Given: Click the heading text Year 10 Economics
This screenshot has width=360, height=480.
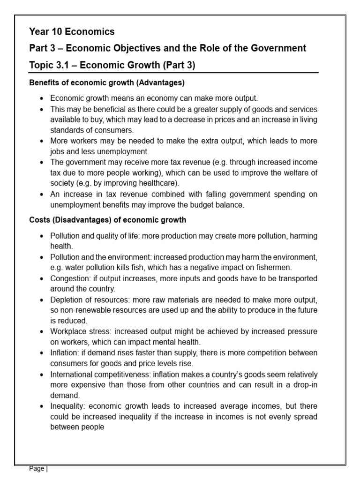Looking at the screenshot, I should [x=72, y=32].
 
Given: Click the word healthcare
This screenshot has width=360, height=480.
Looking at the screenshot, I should [x=159, y=183].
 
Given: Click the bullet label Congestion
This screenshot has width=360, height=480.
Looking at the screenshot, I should [x=69, y=278].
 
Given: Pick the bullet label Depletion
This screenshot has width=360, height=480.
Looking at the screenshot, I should [x=67, y=300].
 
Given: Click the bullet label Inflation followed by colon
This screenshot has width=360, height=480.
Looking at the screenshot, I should [x=66, y=353].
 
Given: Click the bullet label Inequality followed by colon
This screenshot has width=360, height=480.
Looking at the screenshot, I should [x=68, y=406].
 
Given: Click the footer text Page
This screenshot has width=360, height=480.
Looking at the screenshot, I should [x=37, y=469].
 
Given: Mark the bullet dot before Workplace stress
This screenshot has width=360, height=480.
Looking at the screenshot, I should [x=42, y=332].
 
